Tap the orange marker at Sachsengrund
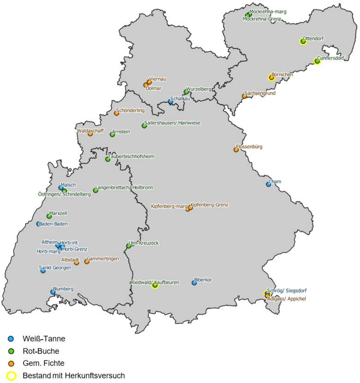pyautogui.click(x=245, y=96)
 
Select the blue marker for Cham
pyautogui.click(x=269, y=184)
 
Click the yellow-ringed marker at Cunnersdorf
pyautogui.click(x=317, y=61)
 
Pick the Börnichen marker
pyautogui.click(x=271, y=78)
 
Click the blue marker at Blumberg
pyautogui.click(x=53, y=292)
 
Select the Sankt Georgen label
pyautogui.click(x=55, y=268)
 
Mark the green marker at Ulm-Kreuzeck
pyautogui.click(x=129, y=246)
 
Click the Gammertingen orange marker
pyautogui.click(x=87, y=262)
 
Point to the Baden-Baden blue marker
pyautogui.click(x=39, y=224)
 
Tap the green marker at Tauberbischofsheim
pyautogui.click(x=108, y=159)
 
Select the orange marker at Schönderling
pyautogui.click(x=116, y=114)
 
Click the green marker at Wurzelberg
pyautogui.click(x=186, y=92)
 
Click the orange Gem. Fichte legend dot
pyautogui.click(x=11, y=363)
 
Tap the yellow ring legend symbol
pyautogui.click(x=11, y=376)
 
